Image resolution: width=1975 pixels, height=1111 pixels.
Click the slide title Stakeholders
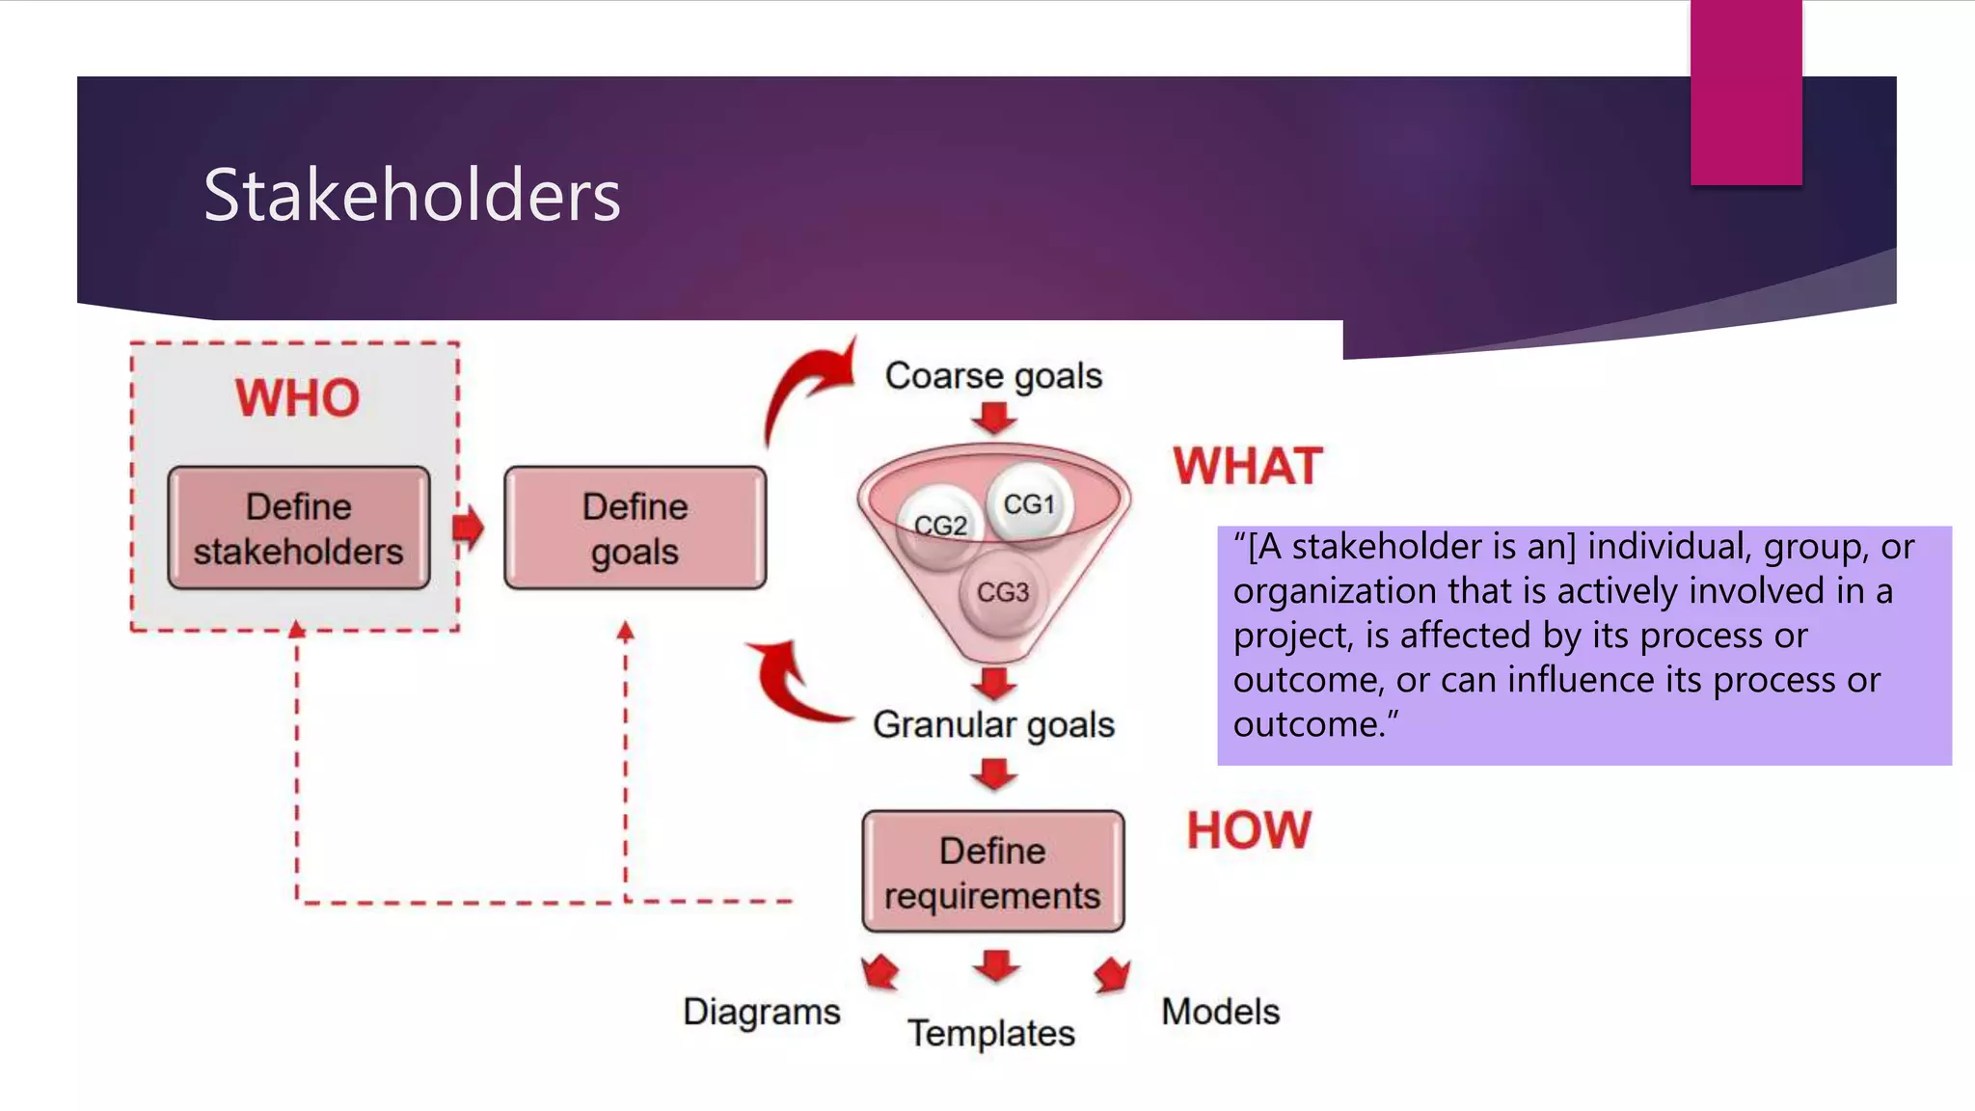coord(412,196)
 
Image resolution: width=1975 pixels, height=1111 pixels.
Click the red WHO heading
coord(297,397)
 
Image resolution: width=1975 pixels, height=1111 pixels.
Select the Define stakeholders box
coord(298,528)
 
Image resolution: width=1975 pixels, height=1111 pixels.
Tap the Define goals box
coord(635,528)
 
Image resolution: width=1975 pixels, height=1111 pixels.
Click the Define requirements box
coord(992,872)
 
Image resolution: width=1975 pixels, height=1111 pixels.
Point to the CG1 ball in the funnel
coord(1029,503)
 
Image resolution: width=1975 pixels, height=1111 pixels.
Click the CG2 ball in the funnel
coord(939,526)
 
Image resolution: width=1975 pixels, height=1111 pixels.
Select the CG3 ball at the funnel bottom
coord(1003,592)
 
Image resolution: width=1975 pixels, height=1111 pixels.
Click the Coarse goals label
coord(992,375)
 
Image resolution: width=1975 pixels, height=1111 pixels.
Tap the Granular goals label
coord(992,724)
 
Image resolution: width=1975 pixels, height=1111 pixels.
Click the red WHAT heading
coord(1247,467)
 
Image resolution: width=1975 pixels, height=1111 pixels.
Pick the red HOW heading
coord(1248,830)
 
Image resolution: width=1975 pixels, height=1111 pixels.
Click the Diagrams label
coord(761,1012)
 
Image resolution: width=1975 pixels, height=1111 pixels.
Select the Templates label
coord(990,1033)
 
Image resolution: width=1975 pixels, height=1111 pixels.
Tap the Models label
coord(1220,1012)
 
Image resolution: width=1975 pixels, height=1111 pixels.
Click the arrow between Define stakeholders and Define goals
coord(469,528)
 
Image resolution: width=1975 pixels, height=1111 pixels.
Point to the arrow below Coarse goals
coord(994,419)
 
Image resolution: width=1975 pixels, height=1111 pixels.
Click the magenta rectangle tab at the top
coord(1745,92)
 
